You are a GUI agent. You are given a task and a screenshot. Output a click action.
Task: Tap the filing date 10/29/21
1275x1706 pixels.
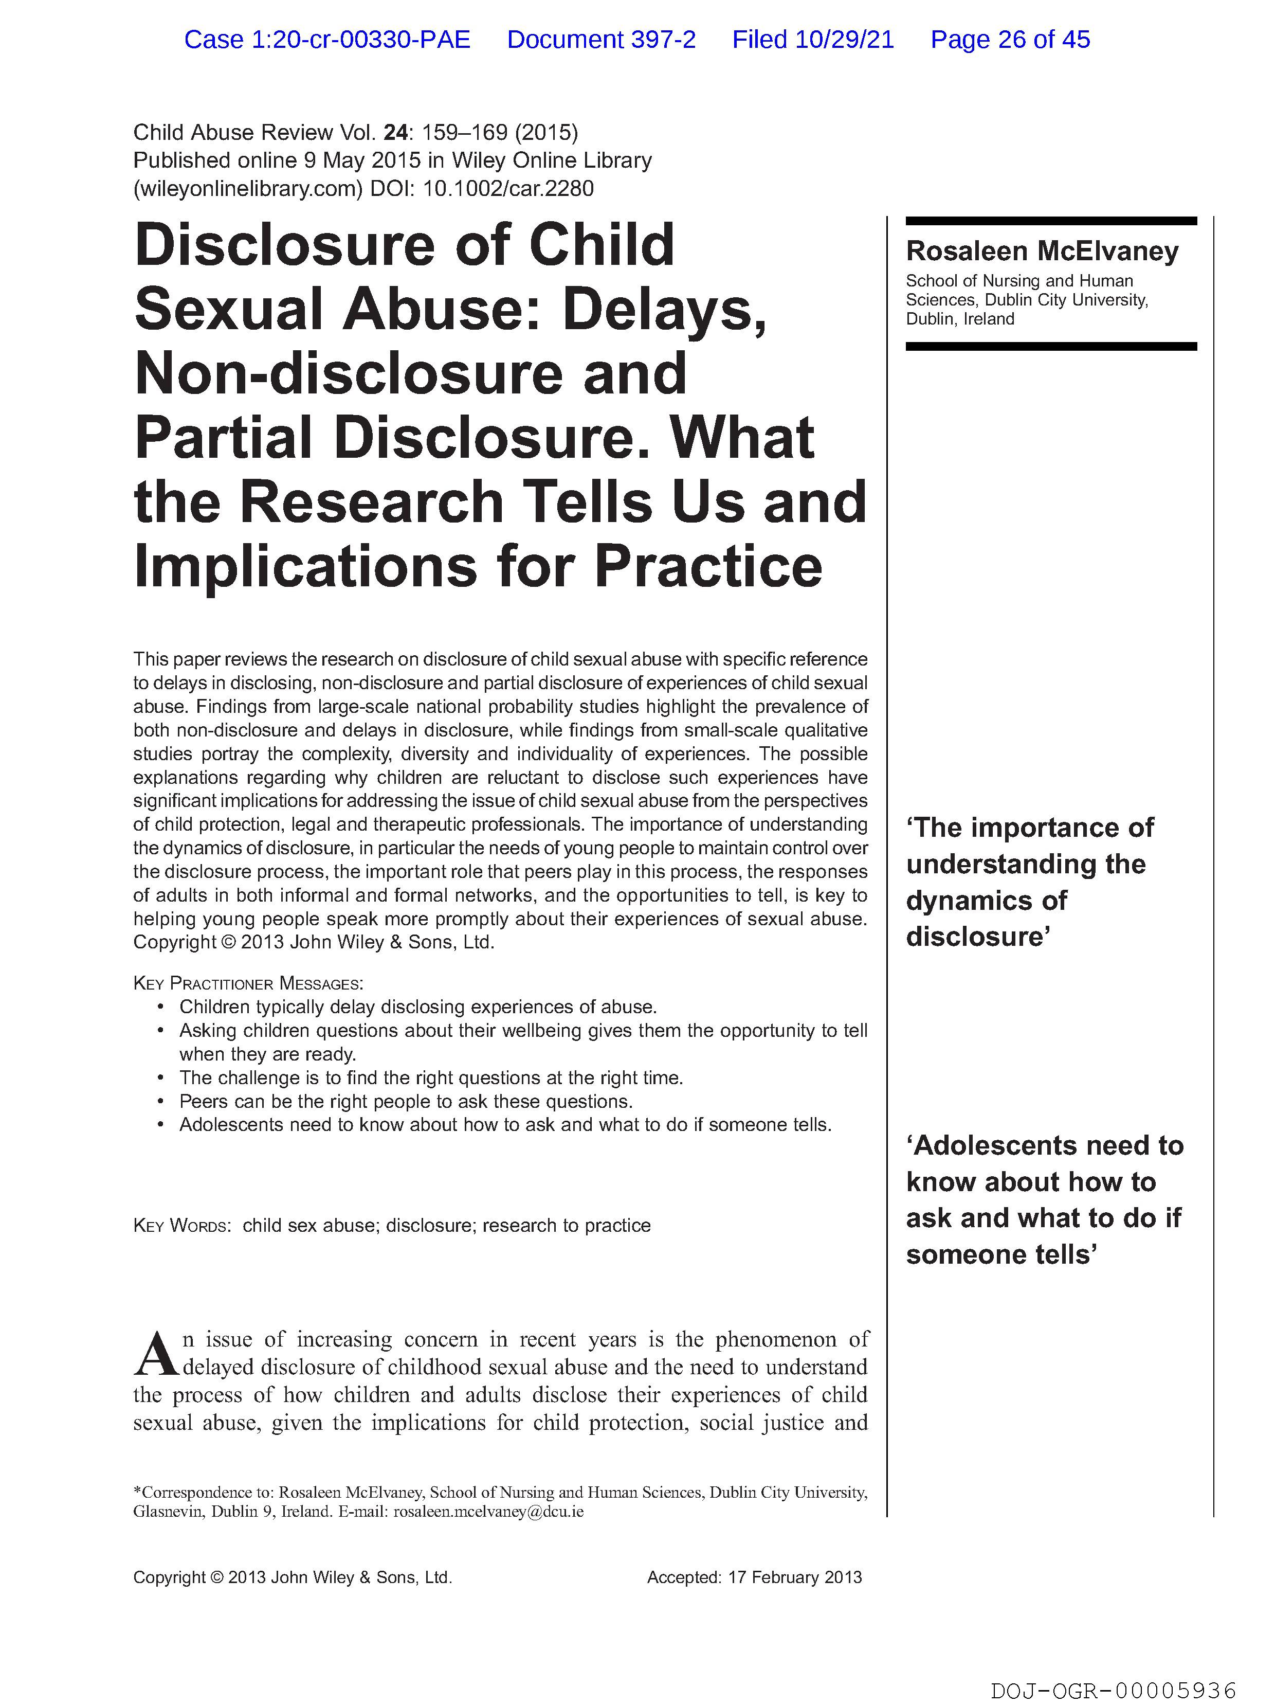(x=844, y=39)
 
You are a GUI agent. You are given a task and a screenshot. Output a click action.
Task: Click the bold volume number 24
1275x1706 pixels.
(x=395, y=133)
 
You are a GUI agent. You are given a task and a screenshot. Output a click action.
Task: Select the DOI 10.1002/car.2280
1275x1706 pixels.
(x=508, y=188)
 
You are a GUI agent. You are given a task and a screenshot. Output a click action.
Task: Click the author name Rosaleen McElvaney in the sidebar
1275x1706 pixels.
(x=1042, y=252)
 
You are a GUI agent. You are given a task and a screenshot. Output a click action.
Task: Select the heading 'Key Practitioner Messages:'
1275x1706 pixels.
(x=247, y=983)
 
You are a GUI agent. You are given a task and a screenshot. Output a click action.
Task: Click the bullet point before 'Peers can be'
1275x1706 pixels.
(x=160, y=1101)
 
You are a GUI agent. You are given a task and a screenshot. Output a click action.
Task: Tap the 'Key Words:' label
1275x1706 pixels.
(x=182, y=1226)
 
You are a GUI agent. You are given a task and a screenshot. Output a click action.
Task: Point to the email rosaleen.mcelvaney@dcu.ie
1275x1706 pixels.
(x=488, y=1512)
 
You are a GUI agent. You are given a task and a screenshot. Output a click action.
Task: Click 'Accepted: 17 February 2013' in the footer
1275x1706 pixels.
(x=754, y=1577)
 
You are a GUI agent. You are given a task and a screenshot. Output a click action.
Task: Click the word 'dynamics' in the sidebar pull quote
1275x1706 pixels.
(x=986, y=900)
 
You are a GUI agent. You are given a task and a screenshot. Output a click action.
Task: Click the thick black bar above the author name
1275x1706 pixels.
(x=1051, y=221)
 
